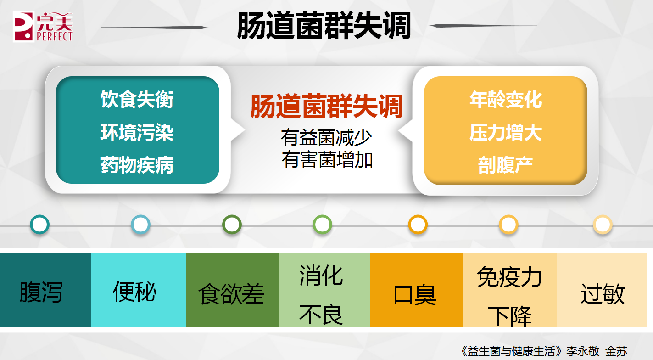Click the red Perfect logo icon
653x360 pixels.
pyautogui.click(x=23, y=26)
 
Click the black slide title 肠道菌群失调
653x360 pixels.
pyautogui.click(x=324, y=26)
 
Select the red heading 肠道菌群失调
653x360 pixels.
pyautogui.click(x=327, y=106)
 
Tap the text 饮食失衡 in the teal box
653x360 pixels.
pyautogui.click(x=137, y=99)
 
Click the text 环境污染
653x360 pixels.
pyautogui.click(x=137, y=132)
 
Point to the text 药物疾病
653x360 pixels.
pyautogui.click(x=137, y=165)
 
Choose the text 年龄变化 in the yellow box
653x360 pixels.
pyautogui.click(x=506, y=100)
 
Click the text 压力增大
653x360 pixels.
pyautogui.click(x=506, y=132)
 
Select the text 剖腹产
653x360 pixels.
pyautogui.click(x=506, y=165)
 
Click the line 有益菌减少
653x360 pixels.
pyautogui.click(x=327, y=137)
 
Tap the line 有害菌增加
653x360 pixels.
pyautogui.click(x=327, y=159)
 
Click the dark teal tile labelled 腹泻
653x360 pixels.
pyautogui.click(x=45, y=290)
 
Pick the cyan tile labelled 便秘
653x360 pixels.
pyautogui.click(x=139, y=290)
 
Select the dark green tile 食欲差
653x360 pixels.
pyautogui.click(x=232, y=290)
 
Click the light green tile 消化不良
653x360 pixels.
pyautogui.click(x=324, y=290)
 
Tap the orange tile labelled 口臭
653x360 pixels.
pyautogui.click(x=417, y=290)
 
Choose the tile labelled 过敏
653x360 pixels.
pyautogui.click(x=602, y=290)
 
